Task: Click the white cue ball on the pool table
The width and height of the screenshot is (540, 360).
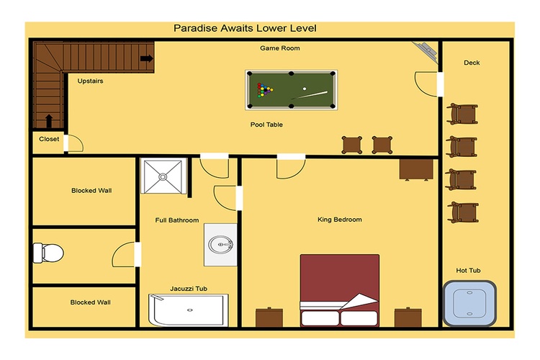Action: click(305, 89)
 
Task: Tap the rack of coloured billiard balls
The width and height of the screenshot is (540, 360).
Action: click(264, 90)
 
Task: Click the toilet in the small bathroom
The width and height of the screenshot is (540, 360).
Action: click(48, 253)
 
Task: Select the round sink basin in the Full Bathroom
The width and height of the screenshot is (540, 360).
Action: click(220, 245)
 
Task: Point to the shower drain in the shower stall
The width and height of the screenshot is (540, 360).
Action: click(163, 177)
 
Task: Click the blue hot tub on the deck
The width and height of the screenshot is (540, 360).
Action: click(469, 304)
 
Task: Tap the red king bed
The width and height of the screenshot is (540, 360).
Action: click(340, 290)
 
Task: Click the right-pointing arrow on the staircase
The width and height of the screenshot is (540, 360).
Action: click(147, 58)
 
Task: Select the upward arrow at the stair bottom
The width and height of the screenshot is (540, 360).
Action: click(49, 121)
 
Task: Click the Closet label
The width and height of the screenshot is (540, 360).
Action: click(49, 139)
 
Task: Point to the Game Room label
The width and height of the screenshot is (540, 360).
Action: click(279, 48)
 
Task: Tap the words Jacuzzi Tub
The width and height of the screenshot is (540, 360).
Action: click(189, 289)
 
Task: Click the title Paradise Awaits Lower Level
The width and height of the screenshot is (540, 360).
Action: click(245, 28)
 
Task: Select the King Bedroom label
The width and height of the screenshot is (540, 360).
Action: click(340, 220)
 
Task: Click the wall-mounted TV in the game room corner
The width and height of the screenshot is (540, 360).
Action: click(426, 51)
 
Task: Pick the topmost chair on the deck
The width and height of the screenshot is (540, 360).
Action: click(462, 114)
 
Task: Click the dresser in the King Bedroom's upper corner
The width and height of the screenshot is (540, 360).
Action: click(416, 169)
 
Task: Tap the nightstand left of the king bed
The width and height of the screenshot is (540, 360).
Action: click(269, 317)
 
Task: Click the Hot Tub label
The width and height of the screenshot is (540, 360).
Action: click(468, 271)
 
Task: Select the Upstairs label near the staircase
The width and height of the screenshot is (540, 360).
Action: click(90, 81)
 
